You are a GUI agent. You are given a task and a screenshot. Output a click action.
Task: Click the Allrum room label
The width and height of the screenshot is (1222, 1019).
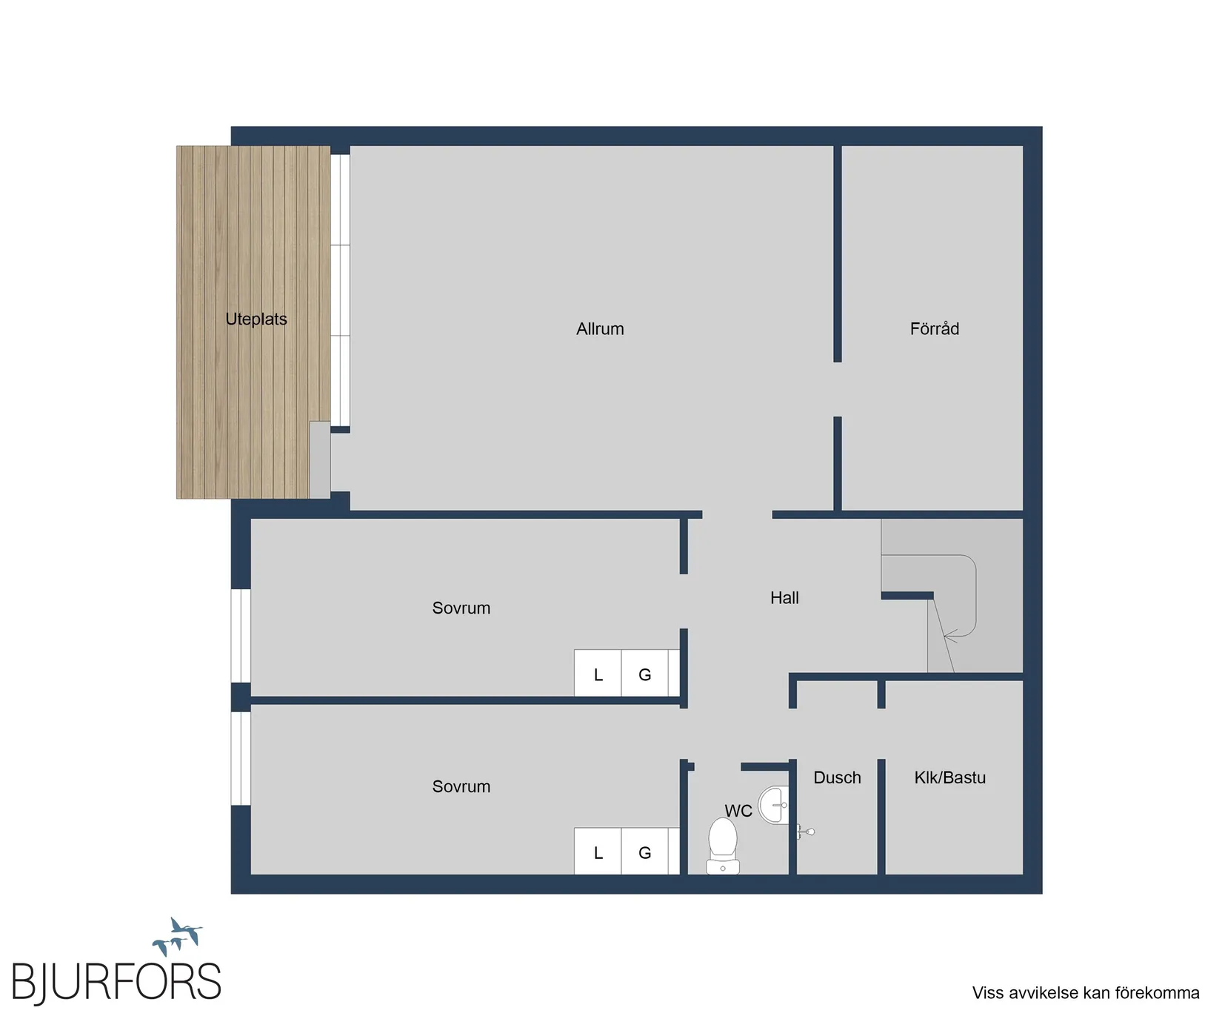[x=600, y=329]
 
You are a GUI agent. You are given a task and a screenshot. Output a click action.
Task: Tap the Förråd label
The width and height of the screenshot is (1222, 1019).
[x=934, y=329]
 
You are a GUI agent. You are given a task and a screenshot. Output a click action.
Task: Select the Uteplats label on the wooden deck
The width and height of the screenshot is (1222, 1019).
[x=256, y=319]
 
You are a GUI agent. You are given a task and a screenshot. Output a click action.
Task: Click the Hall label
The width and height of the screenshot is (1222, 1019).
[x=784, y=598]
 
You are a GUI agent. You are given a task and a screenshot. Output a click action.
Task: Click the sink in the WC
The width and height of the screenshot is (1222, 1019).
[x=775, y=805]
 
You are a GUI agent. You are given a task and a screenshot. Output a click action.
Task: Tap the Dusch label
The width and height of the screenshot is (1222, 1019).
[x=837, y=778]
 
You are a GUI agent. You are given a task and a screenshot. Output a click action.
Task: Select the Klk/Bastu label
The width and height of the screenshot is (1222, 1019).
[x=949, y=778]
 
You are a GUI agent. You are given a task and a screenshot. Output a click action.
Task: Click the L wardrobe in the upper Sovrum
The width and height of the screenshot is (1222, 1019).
[x=598, y=674]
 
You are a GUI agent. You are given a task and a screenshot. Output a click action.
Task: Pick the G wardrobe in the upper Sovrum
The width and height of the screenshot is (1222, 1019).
[x=645, y=674]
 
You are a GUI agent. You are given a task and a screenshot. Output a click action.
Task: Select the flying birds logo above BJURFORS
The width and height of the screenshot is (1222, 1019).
[x=177, y=937]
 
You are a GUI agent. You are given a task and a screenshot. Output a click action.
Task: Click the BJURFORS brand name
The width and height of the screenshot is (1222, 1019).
[x=116, y=983]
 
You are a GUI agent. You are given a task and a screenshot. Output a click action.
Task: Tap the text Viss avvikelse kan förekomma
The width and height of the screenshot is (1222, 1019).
[x=1085, y=993]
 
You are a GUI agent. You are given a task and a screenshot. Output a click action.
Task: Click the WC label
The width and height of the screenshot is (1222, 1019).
[x=738, y=811]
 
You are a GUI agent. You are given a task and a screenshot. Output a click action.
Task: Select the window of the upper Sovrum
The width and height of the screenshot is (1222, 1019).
[x=241, y=636]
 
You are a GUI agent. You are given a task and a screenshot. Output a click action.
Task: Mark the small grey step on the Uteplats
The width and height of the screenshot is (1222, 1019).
[x=320, y=459]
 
